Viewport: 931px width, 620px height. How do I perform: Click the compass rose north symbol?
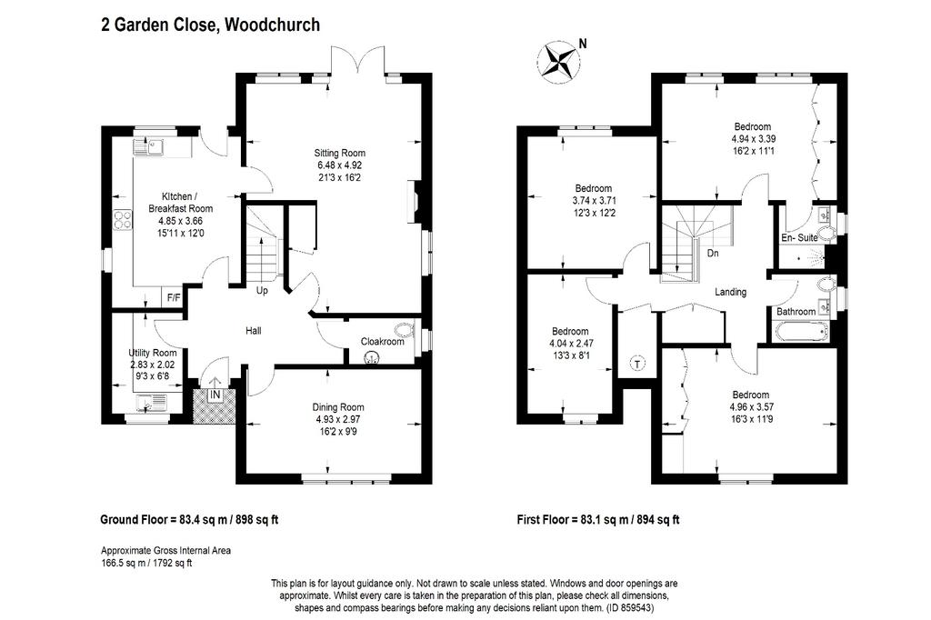point(558,60)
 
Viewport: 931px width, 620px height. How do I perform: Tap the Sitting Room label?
point(340,154)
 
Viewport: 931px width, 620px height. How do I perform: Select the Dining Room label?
point(338,407)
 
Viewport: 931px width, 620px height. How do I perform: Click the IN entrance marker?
point(215,395)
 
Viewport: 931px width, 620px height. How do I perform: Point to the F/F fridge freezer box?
point(174,297)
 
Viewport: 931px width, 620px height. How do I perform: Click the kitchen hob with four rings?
point(124,220)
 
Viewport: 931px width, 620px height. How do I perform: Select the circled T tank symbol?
point(637,364)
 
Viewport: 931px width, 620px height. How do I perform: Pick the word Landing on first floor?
point(730,292)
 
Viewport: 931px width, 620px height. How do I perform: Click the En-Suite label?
point(799,237)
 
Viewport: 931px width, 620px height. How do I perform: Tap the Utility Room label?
point(153,353)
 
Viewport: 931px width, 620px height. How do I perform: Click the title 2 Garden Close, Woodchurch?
point(211,25)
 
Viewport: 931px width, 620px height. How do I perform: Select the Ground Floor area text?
point(189,520)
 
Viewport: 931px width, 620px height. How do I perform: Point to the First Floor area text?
point(598,520)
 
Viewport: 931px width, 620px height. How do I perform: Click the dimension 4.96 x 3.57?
point(752,407)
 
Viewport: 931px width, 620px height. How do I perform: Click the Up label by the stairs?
point(262,290)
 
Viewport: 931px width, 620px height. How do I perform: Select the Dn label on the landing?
point(713,254)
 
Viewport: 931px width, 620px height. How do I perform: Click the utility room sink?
point(153,404)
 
